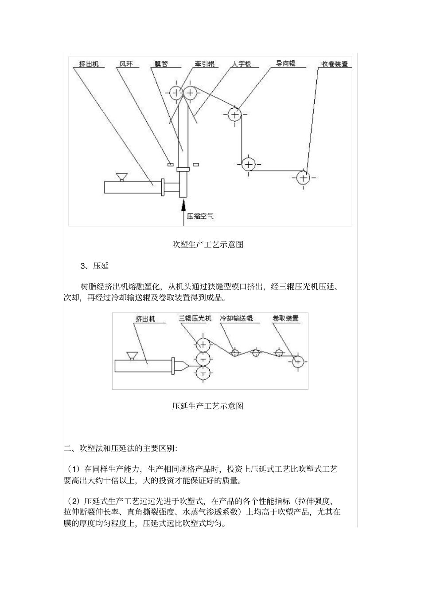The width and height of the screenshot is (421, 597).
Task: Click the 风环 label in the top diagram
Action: [x=126, y=64]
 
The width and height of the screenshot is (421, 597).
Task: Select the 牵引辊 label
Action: [x=204, y=64]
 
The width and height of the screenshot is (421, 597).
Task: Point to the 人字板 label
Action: [x=242, y=64]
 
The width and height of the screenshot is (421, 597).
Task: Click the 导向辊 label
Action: [x=285, y=63]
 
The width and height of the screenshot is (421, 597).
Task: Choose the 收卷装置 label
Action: [x=335, y=64]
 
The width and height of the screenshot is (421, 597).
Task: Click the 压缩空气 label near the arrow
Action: [x=200, y=216]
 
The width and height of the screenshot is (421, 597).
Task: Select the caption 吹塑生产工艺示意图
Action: [x=208, y=244]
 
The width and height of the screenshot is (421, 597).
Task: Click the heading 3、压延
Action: [x=94, y=266]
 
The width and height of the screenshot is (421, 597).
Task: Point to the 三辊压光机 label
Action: [x=195, y=318]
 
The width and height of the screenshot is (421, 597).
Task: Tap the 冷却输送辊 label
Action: [x=236, y=318]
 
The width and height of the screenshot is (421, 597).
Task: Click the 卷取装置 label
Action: [x=286, y=318]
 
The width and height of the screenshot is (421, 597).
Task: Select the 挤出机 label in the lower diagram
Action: [x=145, y=319]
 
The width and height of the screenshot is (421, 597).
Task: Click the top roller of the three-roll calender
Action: [x=203, y=344]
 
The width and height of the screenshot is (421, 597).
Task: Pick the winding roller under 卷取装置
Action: [x=297, y=362]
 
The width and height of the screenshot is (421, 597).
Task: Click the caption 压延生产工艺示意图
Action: [x=208, y=406]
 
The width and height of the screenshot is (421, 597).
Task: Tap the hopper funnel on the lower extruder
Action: [x=132, y=356]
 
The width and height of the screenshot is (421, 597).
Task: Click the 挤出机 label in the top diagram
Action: [x=89, y=64]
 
